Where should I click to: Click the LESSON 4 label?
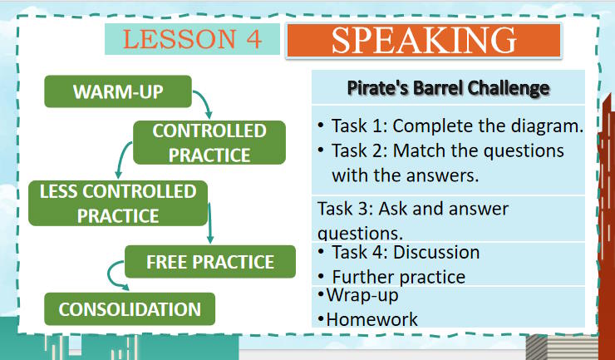pos(192,38)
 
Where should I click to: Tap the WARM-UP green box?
pos(118,91)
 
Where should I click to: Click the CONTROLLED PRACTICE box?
pos(209,142)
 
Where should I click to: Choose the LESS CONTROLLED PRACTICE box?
pos(117,203)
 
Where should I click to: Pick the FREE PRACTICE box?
pos(209,262)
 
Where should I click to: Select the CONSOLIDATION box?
pos(129,309)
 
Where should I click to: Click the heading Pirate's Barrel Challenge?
pos(448,87)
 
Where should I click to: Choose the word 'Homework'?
pos(371,318)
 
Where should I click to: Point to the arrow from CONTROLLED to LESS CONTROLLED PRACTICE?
pos(122,157)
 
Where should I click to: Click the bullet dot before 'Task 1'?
pos(320,126)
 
